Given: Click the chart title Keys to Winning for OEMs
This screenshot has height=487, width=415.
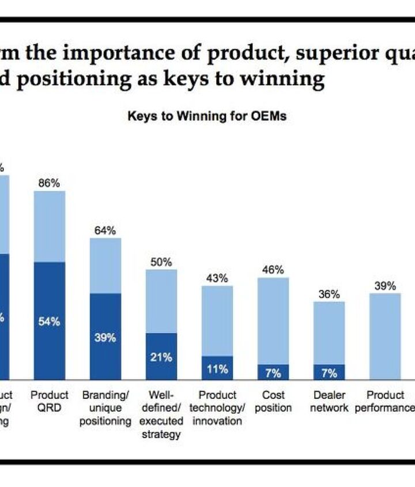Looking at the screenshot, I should pyautogui.click(x=207, y=116).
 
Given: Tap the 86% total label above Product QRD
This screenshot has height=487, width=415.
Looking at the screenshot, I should pyautogui.click(x=49, y=183).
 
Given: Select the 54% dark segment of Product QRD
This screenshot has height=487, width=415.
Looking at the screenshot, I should pyautogui.click(x=49, y=322).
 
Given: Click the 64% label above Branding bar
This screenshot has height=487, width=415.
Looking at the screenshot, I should pyautogui.click(x=105, y=231).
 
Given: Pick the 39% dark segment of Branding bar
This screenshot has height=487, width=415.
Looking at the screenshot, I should pyautogui.click(x=105, y=338).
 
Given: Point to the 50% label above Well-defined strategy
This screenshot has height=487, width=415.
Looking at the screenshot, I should pyautogui.click(x=161, y=262).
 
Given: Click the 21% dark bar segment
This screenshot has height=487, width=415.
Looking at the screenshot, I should pyautogui.click(x=161, y=357).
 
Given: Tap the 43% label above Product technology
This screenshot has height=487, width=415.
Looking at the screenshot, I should pyautogui.click(x=217, y=278).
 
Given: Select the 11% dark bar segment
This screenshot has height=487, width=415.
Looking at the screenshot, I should pyautogui.click(x=217, y=369).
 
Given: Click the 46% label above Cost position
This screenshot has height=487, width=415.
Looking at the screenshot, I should pyautogui.click(x=273, y=270).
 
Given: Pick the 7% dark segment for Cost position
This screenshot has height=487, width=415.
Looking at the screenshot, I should pyautogui.click(x=273, y=373).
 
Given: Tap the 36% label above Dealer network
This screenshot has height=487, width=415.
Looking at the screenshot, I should pyautogui.click(x=329, y=294).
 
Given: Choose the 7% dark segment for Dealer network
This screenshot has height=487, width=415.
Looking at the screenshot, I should pyautogui.click(x=329, y=373).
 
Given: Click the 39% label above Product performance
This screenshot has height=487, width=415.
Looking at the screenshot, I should pyautogui.click(x=384, y=286).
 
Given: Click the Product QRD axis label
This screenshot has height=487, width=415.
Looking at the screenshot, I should pyautogui.click(x=49, y=401).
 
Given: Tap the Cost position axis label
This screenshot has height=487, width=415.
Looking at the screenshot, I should pyautogui.click(x=273, y=401).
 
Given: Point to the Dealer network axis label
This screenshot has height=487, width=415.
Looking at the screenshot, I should pyautogui.click(x=329, y=401).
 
